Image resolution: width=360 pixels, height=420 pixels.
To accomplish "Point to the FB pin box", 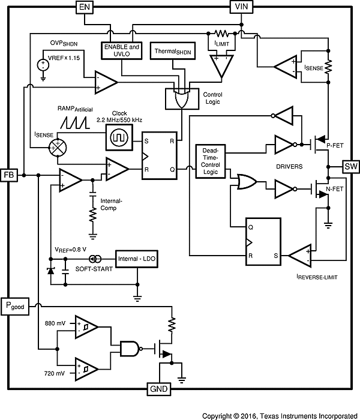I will coord(9,175).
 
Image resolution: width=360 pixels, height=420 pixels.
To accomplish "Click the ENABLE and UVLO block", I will coord(122,49).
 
